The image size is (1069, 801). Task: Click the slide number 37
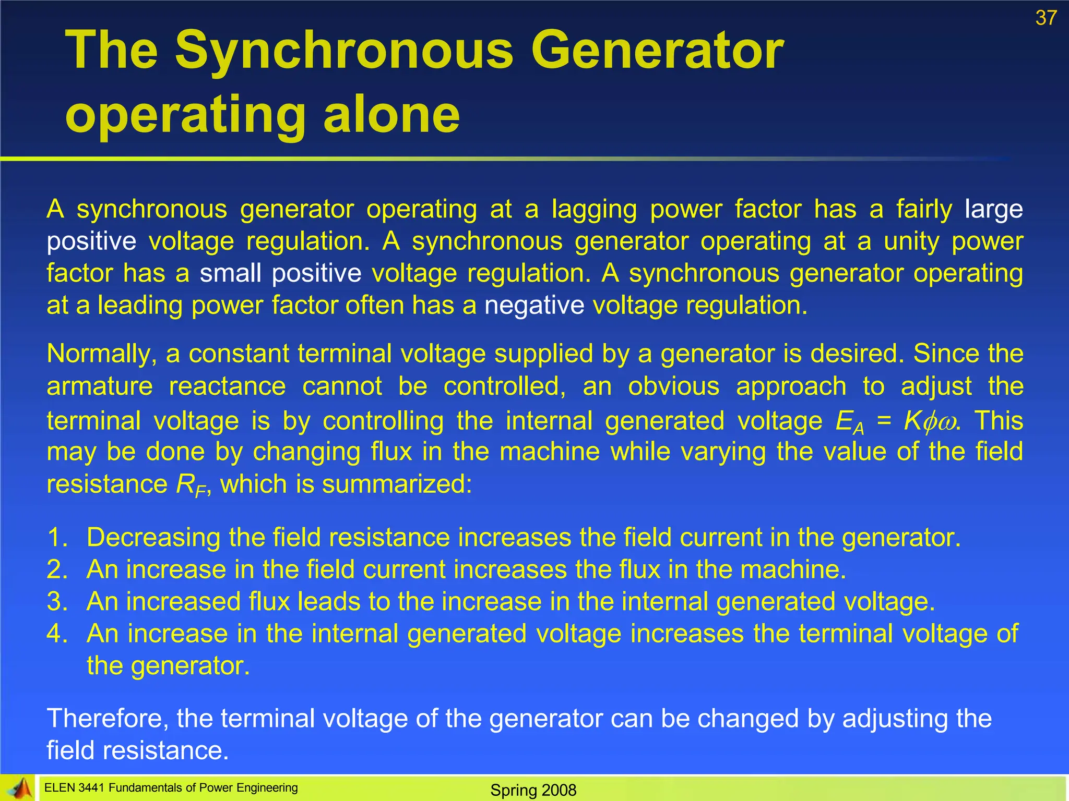[x=1046, y=18]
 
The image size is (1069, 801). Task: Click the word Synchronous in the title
[x=344, y=51]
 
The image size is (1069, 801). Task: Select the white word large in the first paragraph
[x=993, y=210]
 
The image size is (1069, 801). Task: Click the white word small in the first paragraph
[x=230, y=273]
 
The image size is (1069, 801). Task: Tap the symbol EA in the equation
[x=849, y=421]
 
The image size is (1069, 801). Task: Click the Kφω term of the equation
[x=930, y=420]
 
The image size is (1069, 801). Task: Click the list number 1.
[x=57, y=538]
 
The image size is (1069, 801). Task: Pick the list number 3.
[x=57, y=602]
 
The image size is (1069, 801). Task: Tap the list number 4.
[x=57, y=634]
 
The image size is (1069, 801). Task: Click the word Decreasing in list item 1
[x=153, y=538]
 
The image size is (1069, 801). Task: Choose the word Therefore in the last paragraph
[x=108, y=719]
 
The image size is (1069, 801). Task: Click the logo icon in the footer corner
[x=18, y=788]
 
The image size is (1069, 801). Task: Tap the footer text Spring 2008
[x=533, y=790]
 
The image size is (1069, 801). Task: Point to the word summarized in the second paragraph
[x=396, y=484]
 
